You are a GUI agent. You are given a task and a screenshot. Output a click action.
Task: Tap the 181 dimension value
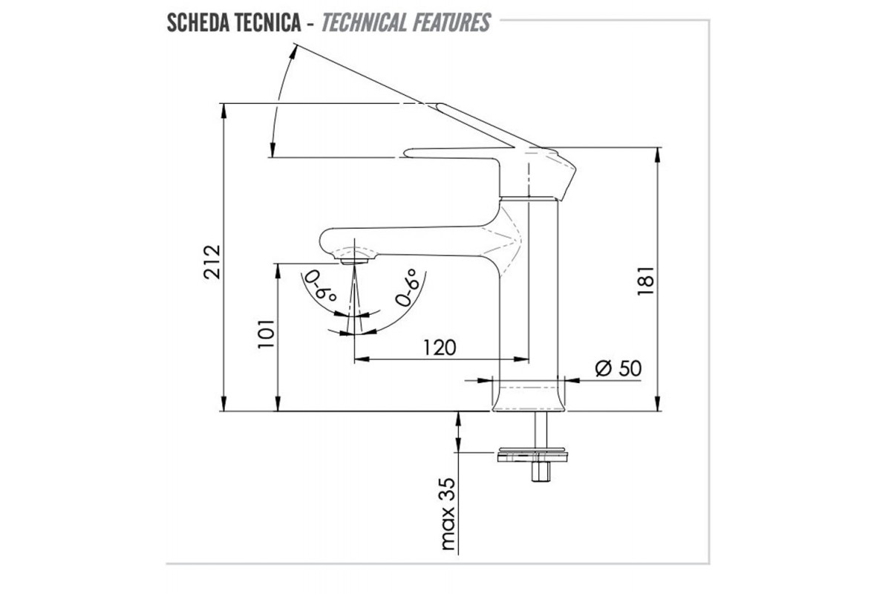645,281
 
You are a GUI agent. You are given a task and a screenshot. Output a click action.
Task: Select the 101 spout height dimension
266,333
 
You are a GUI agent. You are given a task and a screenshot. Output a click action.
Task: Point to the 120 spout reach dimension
440,347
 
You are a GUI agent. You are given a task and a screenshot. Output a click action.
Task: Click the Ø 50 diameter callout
619,368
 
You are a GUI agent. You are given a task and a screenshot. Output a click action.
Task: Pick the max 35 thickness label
448,514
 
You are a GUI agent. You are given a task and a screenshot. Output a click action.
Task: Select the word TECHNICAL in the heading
363,23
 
